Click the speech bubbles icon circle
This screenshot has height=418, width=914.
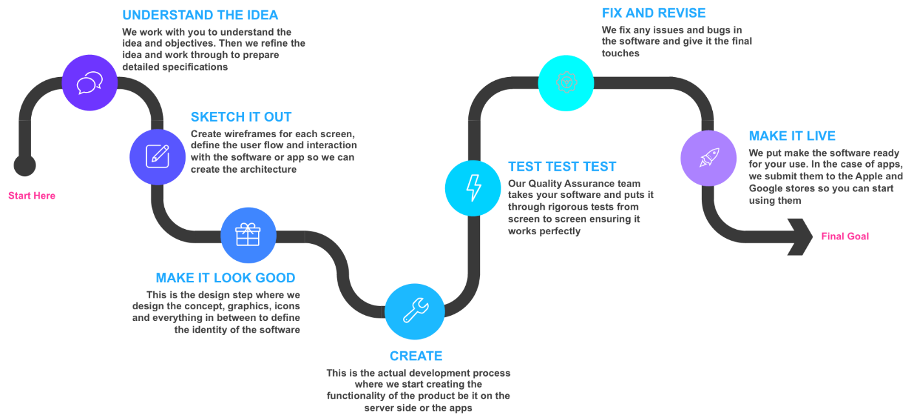(x=90, y=83)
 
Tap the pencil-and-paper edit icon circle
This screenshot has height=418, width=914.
(x=157, y=156)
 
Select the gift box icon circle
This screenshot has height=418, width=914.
(x=248, y=235)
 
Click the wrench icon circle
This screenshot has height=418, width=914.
(x=415, y=311)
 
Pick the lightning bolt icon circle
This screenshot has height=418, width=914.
(x=473, y=188)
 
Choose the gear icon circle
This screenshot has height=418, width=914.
(x=566, y=82)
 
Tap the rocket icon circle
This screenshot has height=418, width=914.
(x=708, y=158)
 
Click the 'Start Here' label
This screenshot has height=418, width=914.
(x=32, y=196)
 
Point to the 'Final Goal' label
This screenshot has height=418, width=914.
(x=845, y=237)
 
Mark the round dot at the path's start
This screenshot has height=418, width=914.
(x=25, y=165)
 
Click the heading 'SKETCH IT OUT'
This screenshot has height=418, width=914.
(x=241, y=117)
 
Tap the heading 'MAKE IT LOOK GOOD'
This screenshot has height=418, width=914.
(x=225, y=278)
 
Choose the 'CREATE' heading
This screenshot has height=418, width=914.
(x=415, y=356)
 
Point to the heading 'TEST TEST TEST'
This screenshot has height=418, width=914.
(x=561, y=166)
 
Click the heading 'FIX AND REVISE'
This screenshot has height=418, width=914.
(x=653, y=13)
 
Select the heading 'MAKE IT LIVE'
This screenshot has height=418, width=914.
(x=792, y=136)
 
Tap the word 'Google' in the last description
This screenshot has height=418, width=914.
(x=766, y=188)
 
